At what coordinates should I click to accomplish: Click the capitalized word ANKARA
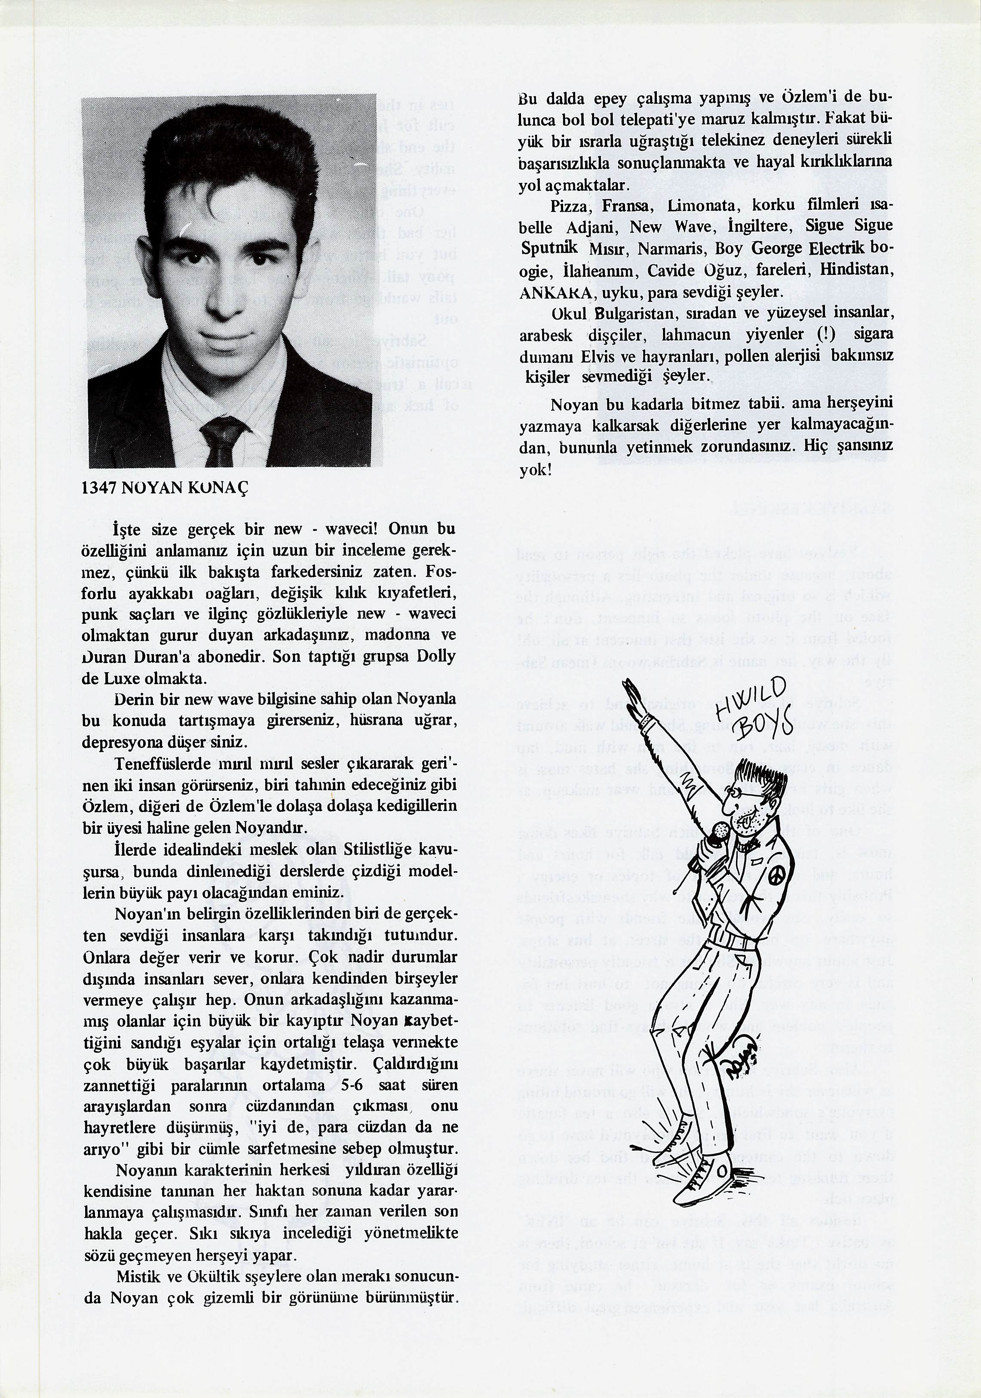tap(555, 293)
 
